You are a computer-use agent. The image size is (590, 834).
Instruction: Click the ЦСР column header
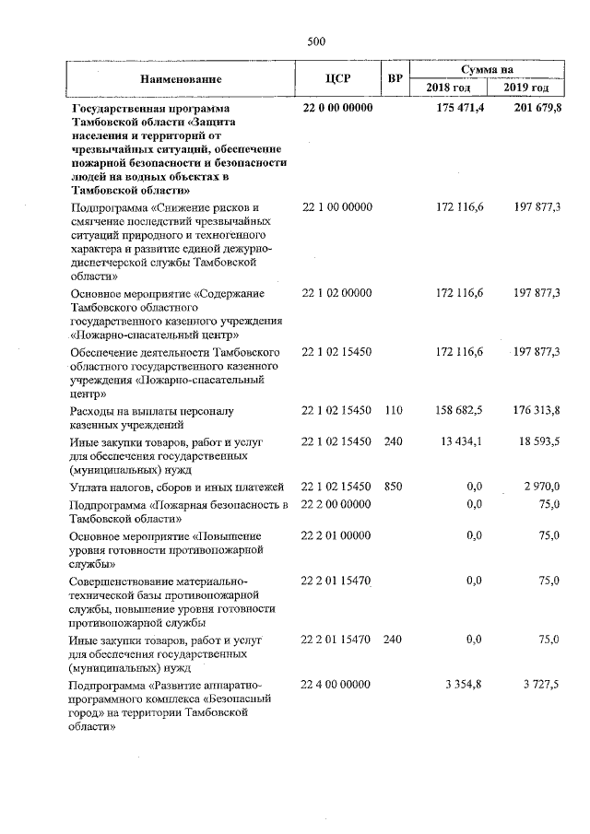(336, 78)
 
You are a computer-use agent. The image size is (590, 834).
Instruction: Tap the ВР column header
(394, 78)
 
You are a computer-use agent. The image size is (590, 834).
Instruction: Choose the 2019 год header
(526, 88)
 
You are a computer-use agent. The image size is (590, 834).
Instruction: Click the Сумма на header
(488, 69)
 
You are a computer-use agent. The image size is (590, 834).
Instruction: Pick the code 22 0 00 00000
(337, 109)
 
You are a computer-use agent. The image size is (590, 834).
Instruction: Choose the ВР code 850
(394, 486)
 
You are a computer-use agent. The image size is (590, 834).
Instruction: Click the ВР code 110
(394, 409)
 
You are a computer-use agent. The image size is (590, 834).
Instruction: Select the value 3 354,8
(466, 685)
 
